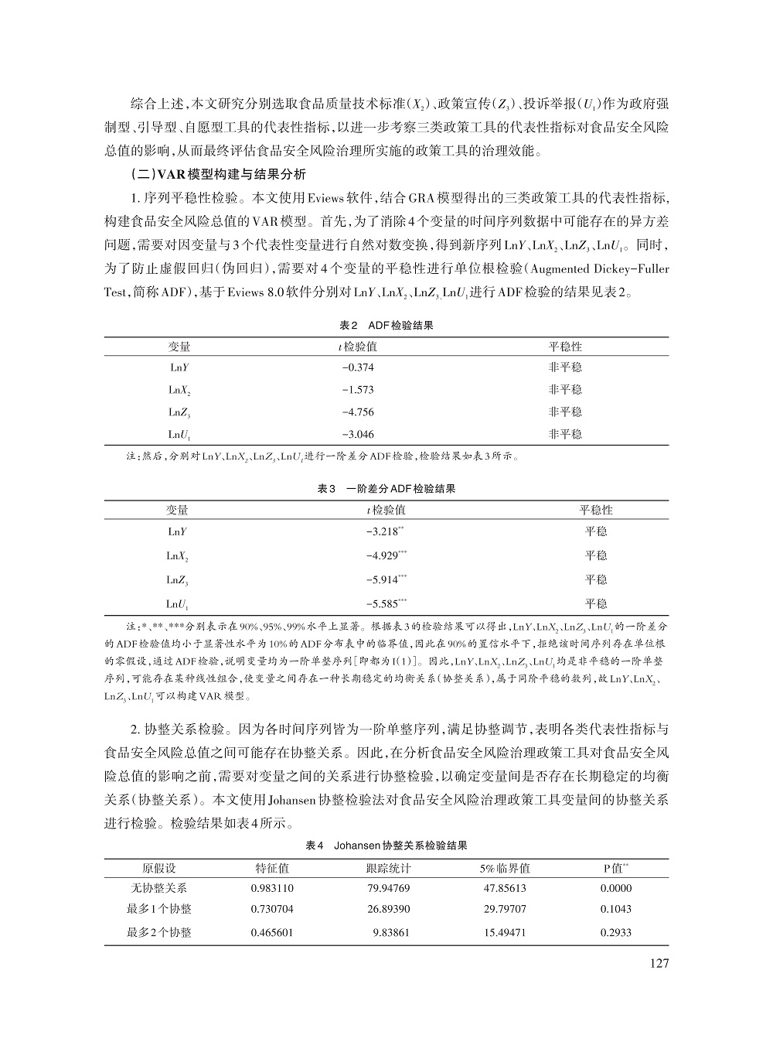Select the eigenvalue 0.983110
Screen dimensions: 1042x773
272,888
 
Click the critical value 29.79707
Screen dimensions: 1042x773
505,909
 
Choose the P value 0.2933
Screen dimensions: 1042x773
615,932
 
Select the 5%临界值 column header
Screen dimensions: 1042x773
505,868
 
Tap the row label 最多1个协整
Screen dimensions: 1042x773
159,909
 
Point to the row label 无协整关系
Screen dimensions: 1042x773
159,888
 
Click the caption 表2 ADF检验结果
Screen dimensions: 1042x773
386,326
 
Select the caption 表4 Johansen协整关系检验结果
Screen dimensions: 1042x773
386,846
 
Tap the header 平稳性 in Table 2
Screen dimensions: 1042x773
565,347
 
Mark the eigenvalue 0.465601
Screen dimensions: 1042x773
272,932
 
